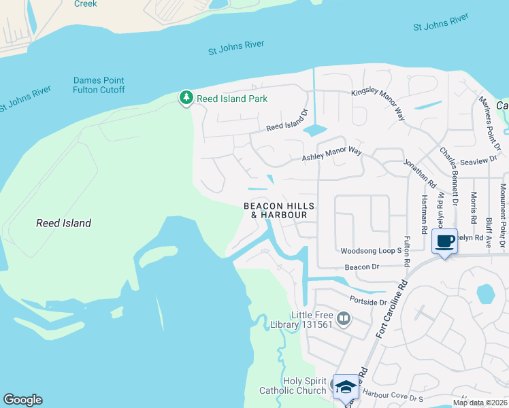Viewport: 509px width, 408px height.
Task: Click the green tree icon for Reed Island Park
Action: pos(186,99)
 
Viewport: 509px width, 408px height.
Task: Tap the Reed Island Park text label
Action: pos(232,99)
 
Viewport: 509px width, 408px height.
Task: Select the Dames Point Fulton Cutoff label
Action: pos(99,85)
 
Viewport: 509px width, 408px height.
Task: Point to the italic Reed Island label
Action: pos(63,223)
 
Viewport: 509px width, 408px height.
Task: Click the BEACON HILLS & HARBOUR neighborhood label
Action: pos(280,210)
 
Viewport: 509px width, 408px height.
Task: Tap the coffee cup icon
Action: pos(444,242)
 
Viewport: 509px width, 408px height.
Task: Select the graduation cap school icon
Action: pos(346,387)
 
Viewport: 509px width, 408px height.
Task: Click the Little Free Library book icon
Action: pos(344,319)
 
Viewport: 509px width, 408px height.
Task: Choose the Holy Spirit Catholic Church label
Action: pos(293,386)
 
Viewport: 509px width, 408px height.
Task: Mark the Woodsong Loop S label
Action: pos(372,251)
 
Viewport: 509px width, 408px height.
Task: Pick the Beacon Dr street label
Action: pos(361,267)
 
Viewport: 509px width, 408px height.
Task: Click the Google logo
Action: pos(22,400)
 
